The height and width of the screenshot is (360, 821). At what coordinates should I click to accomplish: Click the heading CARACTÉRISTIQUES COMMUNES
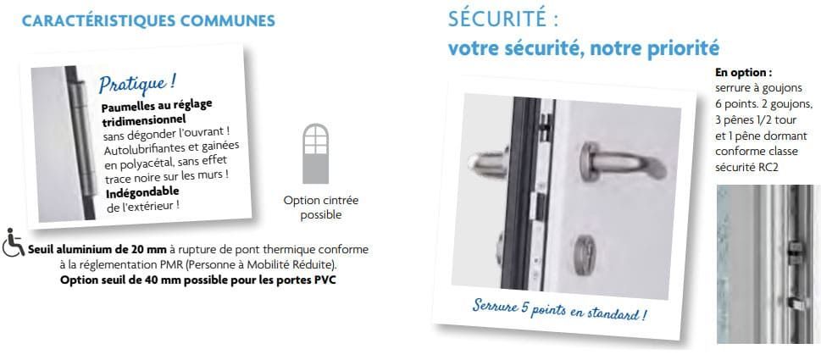tap(148, 21)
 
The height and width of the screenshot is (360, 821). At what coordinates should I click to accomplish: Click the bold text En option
tap(744, 72)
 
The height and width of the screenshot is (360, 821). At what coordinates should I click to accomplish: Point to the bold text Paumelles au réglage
tap(156, 105)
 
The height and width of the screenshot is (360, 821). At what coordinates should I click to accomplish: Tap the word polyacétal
tap(145, 162)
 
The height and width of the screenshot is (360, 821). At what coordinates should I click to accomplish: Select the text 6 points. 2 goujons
tap(763, 104)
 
